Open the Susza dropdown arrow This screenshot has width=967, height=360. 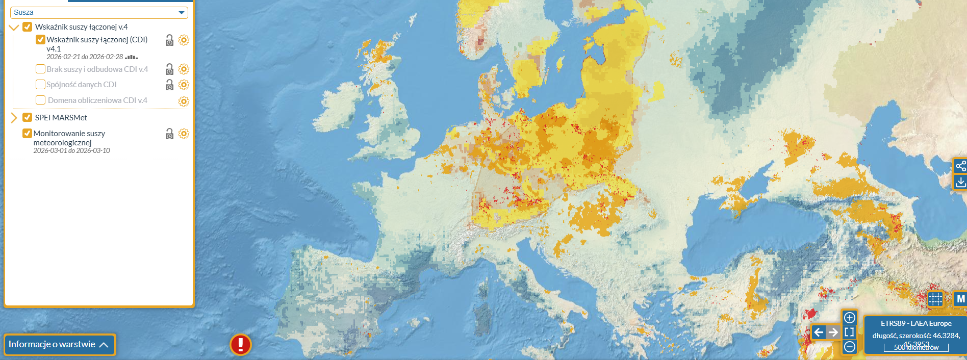coord(181,12)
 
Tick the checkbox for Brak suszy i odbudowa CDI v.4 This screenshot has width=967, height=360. coord(40,69)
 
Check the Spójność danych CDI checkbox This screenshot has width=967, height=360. coord(40,84)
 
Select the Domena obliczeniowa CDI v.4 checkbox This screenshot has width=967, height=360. coord(40,100)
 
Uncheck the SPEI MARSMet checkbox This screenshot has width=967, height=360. coord(28,117)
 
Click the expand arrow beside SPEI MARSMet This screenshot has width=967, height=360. coord(14,118)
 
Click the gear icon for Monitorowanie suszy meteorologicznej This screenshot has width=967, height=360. coord(184,134)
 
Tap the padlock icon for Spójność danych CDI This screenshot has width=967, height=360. coord(169,85)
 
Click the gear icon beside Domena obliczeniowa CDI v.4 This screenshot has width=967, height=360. coord(184,101)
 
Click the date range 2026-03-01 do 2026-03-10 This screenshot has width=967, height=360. coord(71,150)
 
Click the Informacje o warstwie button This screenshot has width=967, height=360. coord(59,345)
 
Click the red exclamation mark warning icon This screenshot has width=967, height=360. coord(240,344)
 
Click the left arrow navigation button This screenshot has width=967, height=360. coord(819,332)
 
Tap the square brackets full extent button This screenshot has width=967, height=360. coord(849,332)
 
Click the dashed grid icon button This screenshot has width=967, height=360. coord(935,299)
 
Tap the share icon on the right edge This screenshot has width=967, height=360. coord(960,166)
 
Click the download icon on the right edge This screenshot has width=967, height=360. coord(960,182)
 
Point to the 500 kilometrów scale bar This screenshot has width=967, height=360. coord(916,348)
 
